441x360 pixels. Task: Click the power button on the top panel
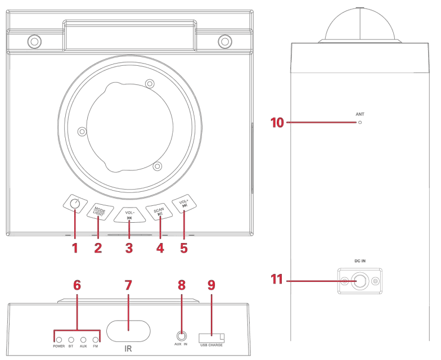75,204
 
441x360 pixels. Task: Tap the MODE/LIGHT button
100,211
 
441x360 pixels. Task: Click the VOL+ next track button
184,204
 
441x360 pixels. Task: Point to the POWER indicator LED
59,340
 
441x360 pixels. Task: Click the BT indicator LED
71,340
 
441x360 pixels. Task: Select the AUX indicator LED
83,340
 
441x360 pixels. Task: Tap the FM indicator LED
96,340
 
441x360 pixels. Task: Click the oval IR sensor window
128,331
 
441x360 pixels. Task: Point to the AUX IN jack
182,336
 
